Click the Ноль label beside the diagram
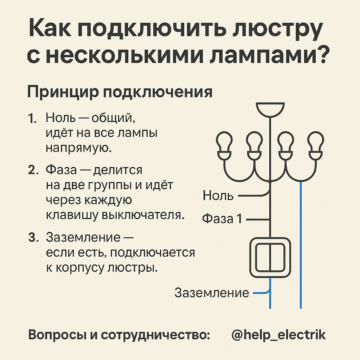218,195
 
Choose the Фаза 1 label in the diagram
222,219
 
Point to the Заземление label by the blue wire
212,292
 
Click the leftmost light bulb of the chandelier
224,145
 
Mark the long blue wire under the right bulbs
301,246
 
